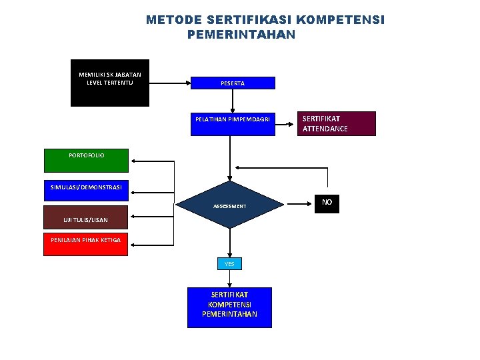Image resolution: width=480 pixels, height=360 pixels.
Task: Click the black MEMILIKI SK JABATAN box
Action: pos(110,88)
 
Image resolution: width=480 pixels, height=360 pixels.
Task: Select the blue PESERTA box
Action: pos(233,83)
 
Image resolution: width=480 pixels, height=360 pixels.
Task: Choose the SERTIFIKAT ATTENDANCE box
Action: pos(336,123)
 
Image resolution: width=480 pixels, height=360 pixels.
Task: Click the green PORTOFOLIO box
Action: pos(87,160)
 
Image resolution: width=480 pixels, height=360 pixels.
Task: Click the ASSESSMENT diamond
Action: pos(230,205)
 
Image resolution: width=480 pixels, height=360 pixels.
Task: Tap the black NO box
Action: pos(327,203)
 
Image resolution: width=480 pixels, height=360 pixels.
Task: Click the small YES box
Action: pos(229,264)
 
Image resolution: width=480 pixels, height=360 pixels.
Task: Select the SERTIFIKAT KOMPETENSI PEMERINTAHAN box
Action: pos(229,307)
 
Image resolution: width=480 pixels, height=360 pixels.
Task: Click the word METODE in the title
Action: pos(174,20)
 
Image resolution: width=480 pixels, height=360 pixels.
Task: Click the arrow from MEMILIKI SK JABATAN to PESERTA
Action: pos(169,83)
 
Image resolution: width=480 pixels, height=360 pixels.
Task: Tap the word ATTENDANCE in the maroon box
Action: pos(325,129)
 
